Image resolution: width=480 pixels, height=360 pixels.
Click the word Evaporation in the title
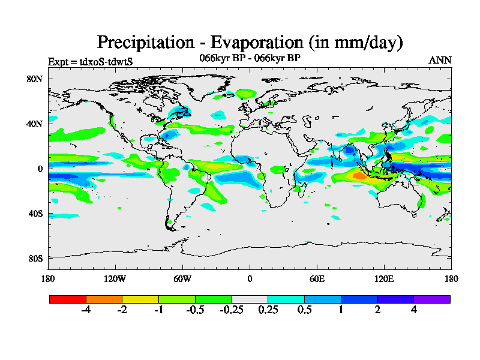[255, 43]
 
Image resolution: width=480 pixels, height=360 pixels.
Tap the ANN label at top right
[440, 61]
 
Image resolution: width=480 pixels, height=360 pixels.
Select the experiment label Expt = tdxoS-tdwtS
[90, 61]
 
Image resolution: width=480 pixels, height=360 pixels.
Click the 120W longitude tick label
[115, 278]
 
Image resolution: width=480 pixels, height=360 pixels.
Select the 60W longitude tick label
[182, 278]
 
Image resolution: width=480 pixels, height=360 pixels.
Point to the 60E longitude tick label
[317, 278]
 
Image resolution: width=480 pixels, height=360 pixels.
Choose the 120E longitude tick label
[384, 278]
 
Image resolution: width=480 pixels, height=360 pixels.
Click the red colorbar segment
[68, 299]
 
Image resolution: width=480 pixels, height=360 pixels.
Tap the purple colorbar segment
[432, 299]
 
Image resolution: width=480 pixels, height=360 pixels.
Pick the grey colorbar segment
[250, 299]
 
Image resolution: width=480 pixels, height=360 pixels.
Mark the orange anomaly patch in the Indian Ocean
[359, 176]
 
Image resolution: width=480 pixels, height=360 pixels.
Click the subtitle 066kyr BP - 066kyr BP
[250, 58]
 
